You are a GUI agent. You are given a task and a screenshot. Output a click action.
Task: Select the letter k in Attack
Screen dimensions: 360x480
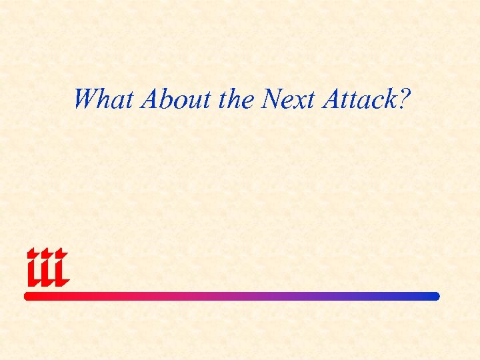(x=389, y=99)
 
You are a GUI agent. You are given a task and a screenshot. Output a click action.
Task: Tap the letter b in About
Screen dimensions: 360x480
(x=169, y=99)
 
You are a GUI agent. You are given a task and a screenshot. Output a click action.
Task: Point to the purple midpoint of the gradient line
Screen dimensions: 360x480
(x=232, y=296)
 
